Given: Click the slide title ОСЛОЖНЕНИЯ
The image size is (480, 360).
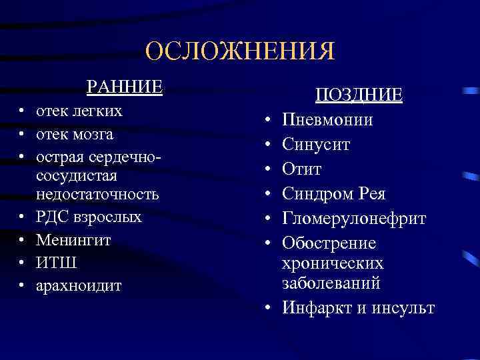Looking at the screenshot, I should click(240, 51).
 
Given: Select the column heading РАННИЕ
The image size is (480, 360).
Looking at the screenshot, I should click(125, 87).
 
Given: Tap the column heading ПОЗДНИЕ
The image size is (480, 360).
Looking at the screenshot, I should click(359, 95).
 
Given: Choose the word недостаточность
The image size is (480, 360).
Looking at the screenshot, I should click(98, 194).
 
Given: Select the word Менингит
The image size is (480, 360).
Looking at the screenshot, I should click(74, 240).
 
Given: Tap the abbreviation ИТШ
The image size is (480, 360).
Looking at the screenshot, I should click(57, 263).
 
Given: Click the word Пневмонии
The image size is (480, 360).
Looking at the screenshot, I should click(327, 120).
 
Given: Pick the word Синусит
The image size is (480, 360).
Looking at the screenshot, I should click(317, 145).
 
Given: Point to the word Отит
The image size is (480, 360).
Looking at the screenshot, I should click(302, 169).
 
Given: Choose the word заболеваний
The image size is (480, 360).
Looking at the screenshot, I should click(331, 283).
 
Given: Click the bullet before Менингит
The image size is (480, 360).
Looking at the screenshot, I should click(22, 241).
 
